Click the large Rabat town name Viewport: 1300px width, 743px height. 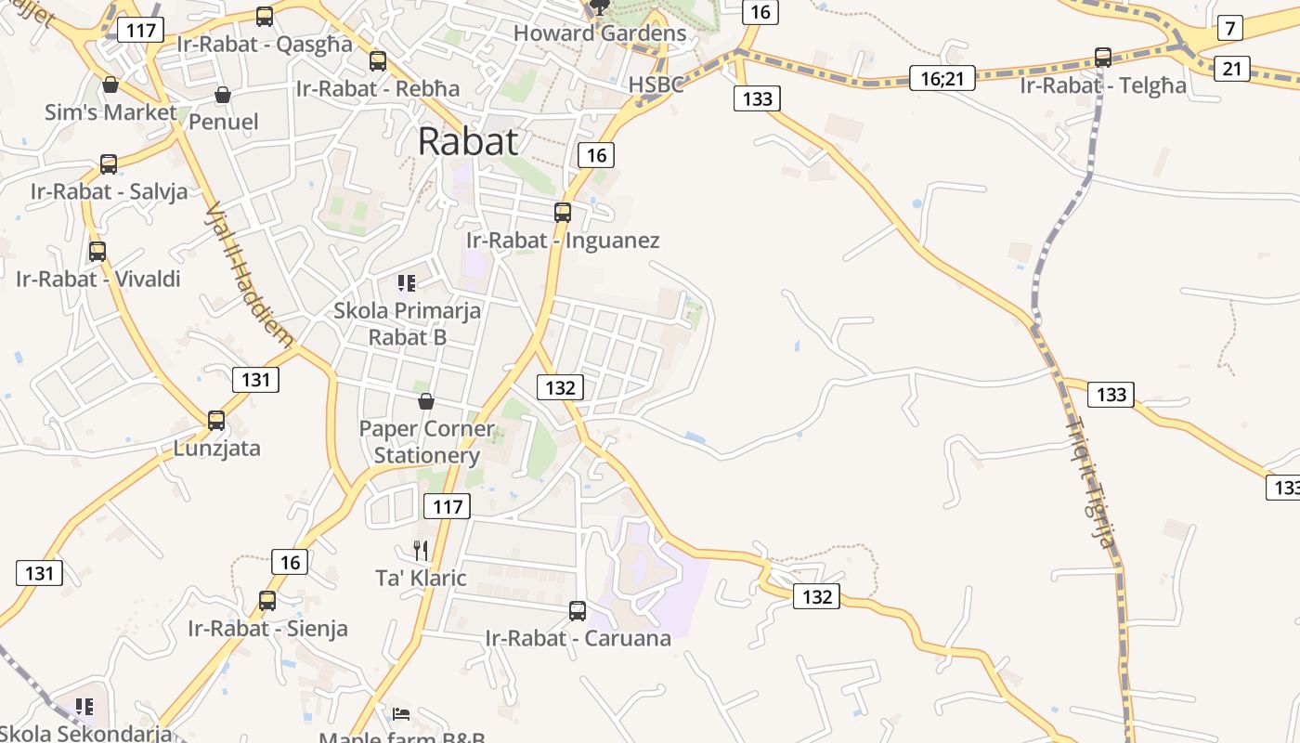(467, 141)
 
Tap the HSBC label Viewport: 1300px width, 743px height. (656, 85)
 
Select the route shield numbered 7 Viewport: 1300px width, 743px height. (1229, 28)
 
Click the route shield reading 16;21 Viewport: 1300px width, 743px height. (942, 78)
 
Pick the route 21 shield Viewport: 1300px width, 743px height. (1231, 68)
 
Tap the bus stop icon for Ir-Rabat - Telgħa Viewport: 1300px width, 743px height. (1103, 58)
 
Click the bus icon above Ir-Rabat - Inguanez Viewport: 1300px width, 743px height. (562, 212)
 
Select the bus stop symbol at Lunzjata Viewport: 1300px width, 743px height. (216, 420)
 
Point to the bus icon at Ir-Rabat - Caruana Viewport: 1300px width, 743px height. (577, 610)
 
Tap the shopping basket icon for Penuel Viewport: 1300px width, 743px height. (223, 95)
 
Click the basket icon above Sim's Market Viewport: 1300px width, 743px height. (110, 85)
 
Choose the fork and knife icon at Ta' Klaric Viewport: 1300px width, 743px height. (421, 551)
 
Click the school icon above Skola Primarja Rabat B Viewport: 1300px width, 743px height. (406, 282)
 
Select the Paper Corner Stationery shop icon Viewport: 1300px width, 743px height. (426, 401)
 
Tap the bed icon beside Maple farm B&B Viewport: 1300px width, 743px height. (401, 713)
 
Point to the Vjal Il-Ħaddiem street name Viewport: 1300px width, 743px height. (248, 274)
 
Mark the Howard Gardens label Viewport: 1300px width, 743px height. (599, 33)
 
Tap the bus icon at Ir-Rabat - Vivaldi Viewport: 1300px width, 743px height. (97, 251)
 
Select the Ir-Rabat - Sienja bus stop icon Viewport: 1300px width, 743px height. (267, 600)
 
